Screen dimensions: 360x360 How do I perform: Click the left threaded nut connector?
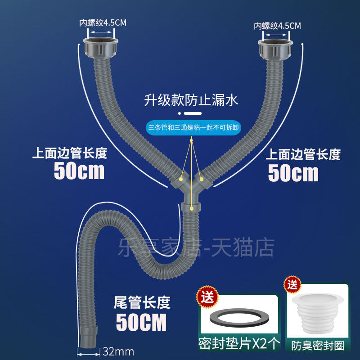point(100,48)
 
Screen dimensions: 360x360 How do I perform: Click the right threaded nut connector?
point(275,49)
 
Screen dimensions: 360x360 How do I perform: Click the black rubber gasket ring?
point(238,318)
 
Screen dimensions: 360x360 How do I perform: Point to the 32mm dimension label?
point(118,351)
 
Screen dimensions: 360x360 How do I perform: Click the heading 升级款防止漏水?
point(191,100)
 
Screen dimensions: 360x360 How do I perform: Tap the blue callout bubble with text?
point(193,128)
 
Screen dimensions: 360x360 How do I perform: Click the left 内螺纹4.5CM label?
point(103,23)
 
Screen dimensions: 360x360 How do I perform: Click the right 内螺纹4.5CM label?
point(277,26)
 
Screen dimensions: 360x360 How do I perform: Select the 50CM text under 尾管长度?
point(141,323)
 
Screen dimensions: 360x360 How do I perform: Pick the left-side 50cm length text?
point(79,171)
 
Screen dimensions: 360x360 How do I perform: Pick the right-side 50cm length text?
point(293,173)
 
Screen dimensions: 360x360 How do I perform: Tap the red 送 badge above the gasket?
point(207,297)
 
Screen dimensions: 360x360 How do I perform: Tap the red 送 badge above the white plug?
point(292,285)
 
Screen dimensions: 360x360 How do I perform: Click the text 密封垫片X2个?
point(239,344)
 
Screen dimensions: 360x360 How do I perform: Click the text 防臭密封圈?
point(318,346)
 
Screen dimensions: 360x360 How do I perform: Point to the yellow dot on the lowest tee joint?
point(192,209)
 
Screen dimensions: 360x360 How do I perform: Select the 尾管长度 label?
point(142,302)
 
